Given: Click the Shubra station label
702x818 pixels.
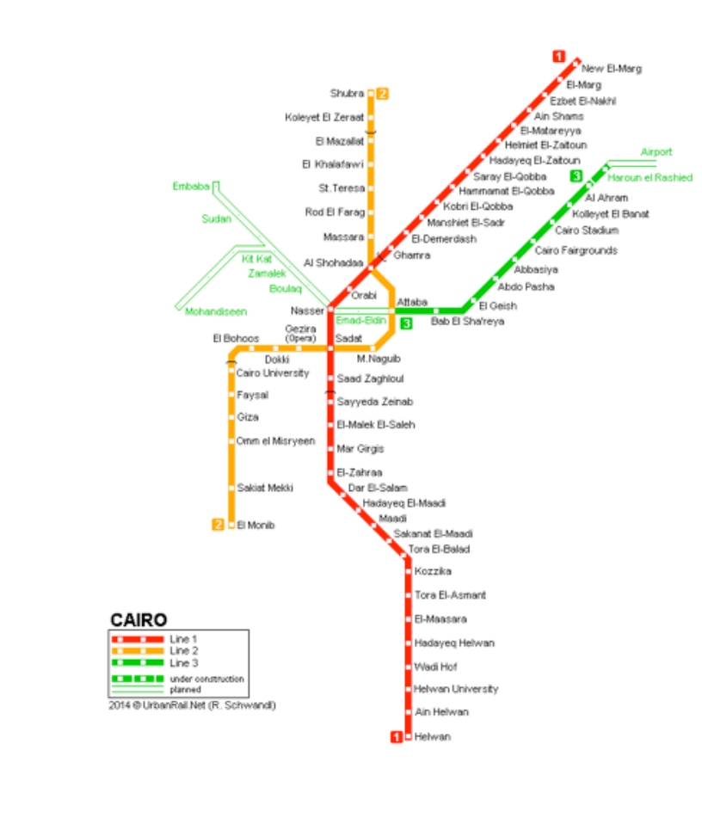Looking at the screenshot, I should (347, 93).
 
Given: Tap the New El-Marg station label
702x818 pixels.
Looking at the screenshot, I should (611, 69).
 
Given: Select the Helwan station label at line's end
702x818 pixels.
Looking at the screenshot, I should (432, 737).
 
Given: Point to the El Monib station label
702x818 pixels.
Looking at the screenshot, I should (256, 525).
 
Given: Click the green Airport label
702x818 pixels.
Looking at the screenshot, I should (656, 152).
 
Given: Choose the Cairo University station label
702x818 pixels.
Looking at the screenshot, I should (272, 373).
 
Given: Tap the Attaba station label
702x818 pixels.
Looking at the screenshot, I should (412, 302).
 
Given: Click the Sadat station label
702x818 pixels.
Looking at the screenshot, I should (348, 339).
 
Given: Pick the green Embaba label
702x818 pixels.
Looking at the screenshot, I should (191, 187).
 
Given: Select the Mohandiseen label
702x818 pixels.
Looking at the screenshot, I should (215, 312).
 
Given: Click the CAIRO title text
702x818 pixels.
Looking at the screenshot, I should (139, 620).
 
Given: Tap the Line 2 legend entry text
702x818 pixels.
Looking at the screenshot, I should (183, 651).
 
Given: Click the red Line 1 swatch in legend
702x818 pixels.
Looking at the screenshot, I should (137, 639).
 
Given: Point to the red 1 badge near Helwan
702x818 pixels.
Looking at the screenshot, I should (397, 737).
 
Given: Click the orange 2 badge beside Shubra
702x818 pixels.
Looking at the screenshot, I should (383, 94).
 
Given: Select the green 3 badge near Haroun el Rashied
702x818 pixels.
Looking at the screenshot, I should (576, 176).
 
